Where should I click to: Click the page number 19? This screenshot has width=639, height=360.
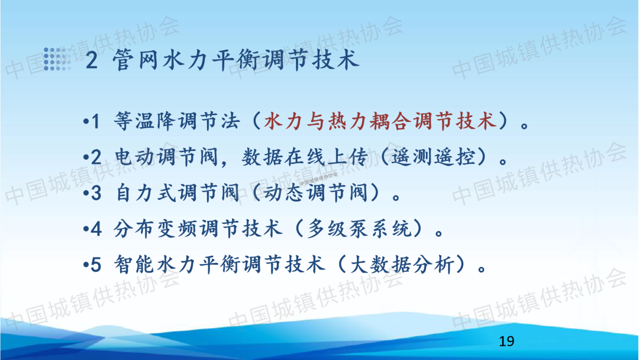(x=506, y=341)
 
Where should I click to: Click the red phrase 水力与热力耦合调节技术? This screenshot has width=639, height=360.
(x=380, y=121)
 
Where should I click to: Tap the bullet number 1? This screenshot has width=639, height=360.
(x=95, y=121)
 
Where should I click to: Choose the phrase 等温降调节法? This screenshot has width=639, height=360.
(x=177, y=121)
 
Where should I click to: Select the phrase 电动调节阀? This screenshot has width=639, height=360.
(x=166, y=157)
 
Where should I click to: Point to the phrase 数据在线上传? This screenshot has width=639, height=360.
(x=305, y=157)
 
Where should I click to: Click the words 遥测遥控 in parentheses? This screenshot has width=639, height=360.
(x=433, y=157)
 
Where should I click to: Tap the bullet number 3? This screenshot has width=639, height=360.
(x=96, y=193)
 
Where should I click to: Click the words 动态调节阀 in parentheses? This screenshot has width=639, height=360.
(x=315, y=193)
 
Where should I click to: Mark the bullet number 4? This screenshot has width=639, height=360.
(x=96, y=229)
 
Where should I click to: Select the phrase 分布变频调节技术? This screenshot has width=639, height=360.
(x=198, y=229)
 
